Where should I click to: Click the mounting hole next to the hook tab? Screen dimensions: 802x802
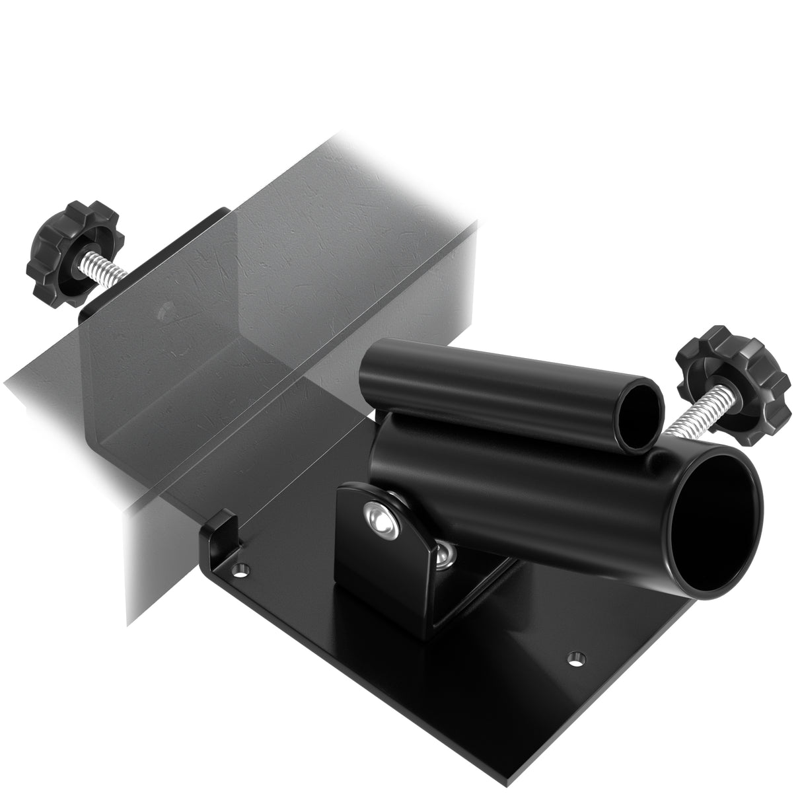[244, 568]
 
